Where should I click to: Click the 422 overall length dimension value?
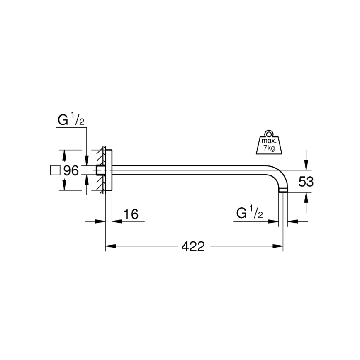[x=193, y=246]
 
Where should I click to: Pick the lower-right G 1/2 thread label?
[x=250, y=214]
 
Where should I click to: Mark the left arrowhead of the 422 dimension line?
[x=109, y=247]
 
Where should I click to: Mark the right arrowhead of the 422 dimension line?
[x=280, y=247]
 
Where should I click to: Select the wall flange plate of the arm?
[x=109, y=170]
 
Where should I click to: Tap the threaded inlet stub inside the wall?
[x=100, y=170]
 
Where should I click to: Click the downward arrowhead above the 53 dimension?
[x=306, y=166]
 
